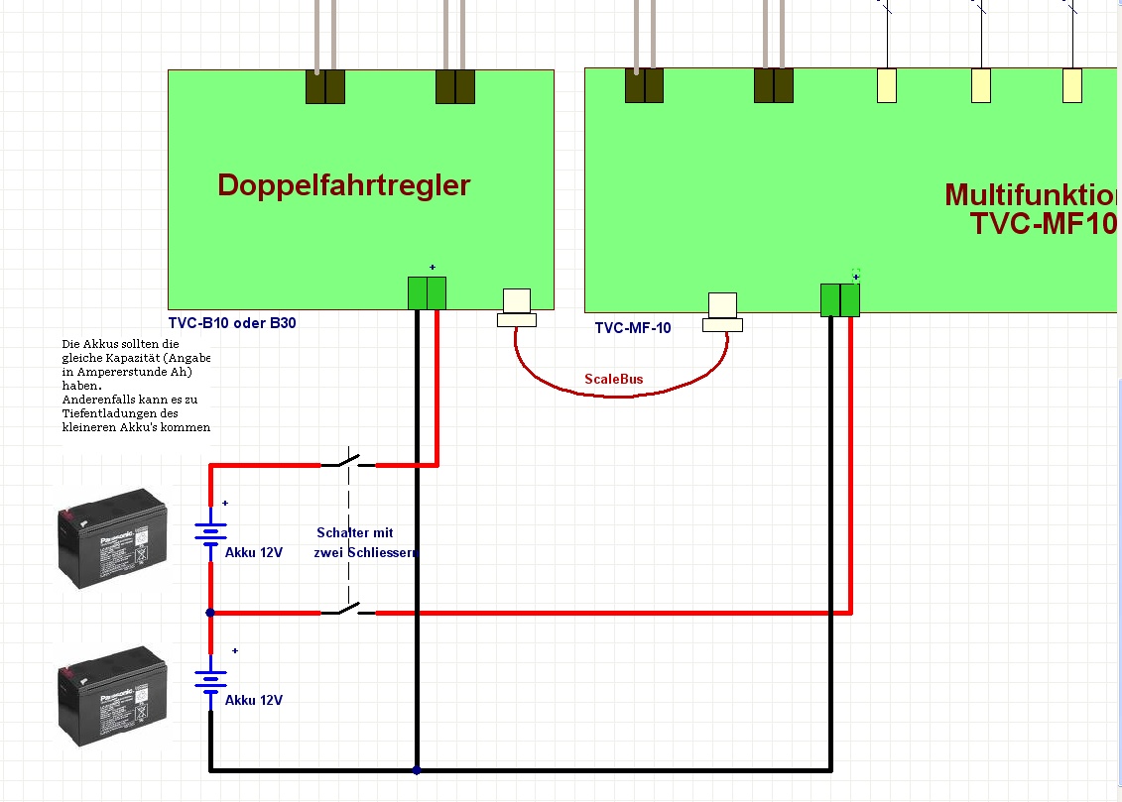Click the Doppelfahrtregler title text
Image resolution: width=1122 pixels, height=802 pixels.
343,185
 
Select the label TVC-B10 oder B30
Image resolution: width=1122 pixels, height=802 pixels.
231,322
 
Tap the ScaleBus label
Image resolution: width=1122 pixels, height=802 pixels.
613,380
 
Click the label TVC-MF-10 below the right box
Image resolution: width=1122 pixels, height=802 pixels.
633,327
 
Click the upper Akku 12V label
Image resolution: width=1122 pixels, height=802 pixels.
254,552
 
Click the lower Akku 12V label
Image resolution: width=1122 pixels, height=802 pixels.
254,700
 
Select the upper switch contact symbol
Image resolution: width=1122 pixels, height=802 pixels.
348,461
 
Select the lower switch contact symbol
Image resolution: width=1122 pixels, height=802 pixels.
348,610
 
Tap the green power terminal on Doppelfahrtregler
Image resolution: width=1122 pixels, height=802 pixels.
427,293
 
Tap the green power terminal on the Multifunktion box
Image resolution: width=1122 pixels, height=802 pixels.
839,299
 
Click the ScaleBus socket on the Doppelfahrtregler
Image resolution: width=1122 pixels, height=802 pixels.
516,306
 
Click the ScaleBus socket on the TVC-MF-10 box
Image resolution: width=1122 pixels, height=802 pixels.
722,311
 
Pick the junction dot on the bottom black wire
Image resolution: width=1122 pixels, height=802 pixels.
417,770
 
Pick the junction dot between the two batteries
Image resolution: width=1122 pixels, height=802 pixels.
210,613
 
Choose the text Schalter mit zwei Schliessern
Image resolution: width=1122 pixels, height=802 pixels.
364,542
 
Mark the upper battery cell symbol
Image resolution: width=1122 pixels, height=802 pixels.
210,534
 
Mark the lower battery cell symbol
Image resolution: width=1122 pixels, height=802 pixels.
210,681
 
